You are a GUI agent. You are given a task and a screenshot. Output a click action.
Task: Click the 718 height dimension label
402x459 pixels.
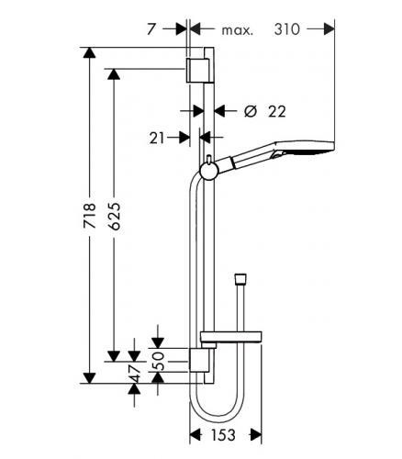90,215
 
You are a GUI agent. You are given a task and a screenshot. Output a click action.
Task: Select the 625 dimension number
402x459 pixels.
115,216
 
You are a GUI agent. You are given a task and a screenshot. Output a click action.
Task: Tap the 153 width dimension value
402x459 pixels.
223,434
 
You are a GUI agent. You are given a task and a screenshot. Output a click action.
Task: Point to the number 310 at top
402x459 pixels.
286,29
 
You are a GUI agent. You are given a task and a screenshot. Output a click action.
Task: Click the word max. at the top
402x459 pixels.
238,30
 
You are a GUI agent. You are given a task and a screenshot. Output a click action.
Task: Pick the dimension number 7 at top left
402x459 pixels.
151,29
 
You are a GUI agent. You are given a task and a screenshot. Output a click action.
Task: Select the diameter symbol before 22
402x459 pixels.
251,111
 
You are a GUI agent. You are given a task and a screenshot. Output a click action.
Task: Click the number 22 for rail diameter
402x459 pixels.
277,112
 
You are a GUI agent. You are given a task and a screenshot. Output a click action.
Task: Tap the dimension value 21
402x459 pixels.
157,139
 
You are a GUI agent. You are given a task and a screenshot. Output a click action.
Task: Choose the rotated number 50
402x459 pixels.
158,361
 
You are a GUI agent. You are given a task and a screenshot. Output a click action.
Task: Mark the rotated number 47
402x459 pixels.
135,374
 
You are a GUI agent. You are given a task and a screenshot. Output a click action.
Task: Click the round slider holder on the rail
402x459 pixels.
209,171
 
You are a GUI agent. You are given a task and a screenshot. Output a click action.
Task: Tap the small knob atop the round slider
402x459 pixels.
209,159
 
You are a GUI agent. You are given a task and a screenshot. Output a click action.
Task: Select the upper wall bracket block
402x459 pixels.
197,70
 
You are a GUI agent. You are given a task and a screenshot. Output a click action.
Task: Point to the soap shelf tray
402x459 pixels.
231,337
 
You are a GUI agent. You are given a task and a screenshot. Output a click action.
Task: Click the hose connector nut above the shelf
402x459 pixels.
240,278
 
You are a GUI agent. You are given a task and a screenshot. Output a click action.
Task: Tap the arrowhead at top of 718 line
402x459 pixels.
89,52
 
